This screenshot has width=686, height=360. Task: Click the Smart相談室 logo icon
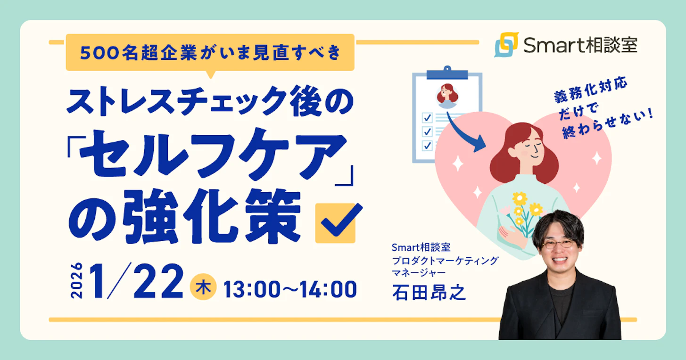pyautogui.click(x=506, y=44)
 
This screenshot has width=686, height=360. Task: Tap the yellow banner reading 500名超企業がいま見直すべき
pyautogui.click(x=210, y=53)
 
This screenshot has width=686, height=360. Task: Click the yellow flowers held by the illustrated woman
pyautogui.click(x=523, y=207)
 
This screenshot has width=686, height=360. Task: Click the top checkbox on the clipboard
pyautogui.click(x=427, y=117)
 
